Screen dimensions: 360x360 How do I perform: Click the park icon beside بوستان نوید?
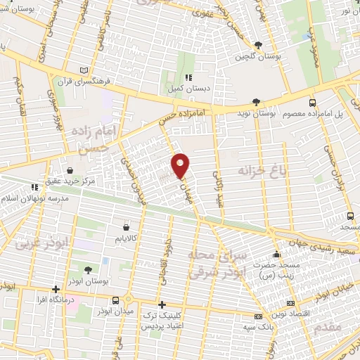tap(256, 103)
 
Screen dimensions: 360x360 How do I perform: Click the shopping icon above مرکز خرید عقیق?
tap(70, 169)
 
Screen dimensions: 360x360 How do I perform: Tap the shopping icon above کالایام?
tap(126, 227)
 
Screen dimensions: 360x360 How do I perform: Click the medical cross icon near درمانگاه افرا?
tap(56, 289)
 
